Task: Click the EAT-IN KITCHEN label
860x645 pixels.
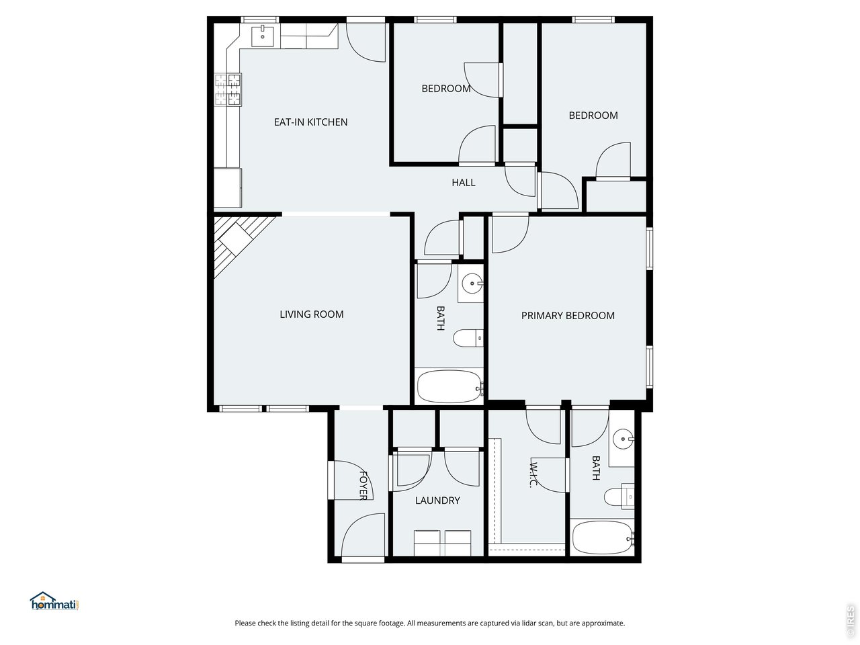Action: (310, 122)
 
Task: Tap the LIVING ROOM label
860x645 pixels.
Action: (312, 314)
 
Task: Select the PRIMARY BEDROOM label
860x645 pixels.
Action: (568, 315)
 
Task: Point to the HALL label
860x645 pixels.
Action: (463, 183)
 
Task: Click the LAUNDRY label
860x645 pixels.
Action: (437, 500)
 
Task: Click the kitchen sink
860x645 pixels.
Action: (262, 36)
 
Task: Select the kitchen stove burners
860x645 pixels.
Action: (228, 89)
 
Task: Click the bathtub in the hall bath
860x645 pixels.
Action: (449, 386)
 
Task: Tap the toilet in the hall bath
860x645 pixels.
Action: (468, 338)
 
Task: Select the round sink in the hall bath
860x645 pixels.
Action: (472, 282)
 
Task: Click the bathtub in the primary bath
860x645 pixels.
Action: (603, 537)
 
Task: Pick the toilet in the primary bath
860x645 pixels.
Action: (619, 497)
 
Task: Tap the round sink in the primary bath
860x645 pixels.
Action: (623, 439)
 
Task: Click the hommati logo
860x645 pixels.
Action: (54, 601)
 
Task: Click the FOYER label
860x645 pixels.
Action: (363, 486)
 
